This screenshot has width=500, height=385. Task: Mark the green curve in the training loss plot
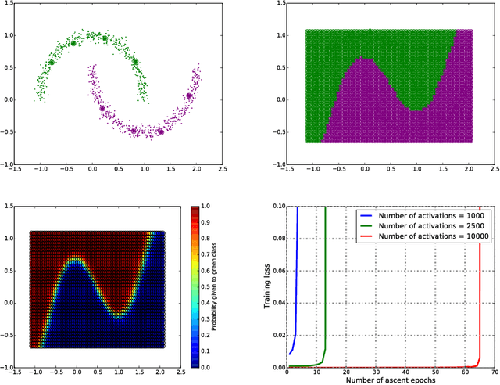pyautogui.click(x=323, y=313)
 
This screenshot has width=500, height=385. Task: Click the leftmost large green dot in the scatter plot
pyautogui.click(x=52, y=62)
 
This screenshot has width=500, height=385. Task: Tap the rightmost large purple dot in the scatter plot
pyautogui.click(x=189, y=95)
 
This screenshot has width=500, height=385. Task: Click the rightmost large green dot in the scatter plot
pyautogui.click(x=135, y=61)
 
